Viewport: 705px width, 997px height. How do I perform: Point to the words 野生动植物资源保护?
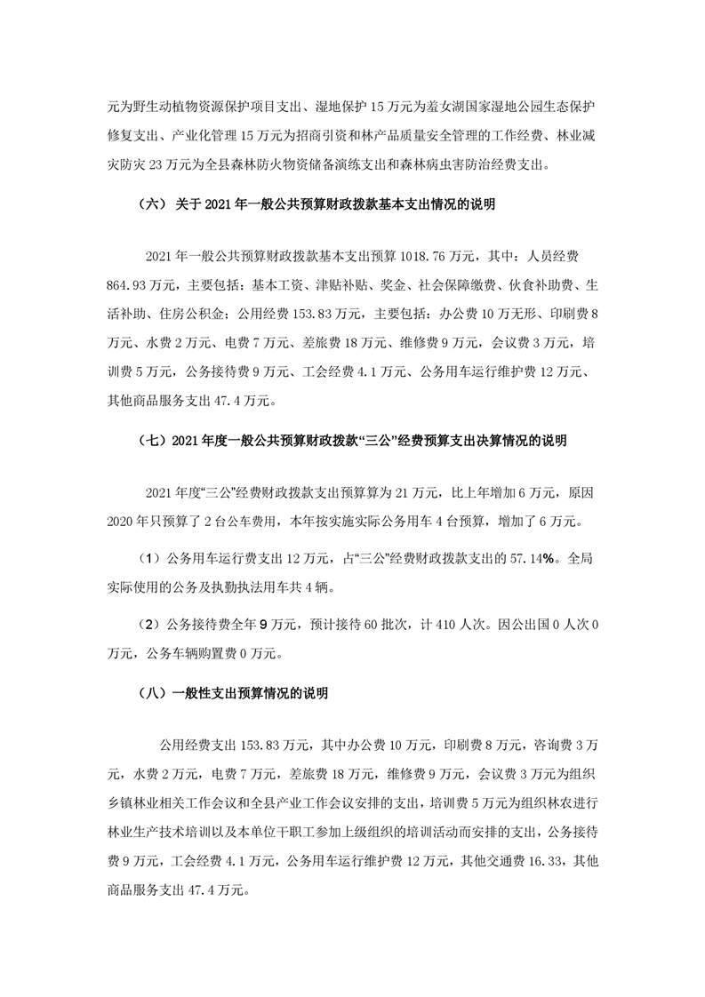point(180,108)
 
